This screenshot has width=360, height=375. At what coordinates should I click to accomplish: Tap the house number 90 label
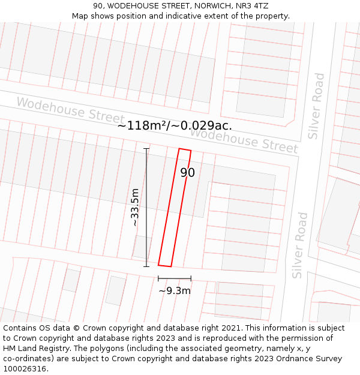[187, 173]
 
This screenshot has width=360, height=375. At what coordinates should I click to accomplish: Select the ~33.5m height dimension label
[135, 207]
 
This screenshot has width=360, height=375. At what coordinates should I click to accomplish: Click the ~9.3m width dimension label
[175, 291]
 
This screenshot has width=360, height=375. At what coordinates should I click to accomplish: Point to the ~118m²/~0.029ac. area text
[175, 125]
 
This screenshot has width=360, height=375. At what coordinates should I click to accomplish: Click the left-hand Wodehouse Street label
[70, 110]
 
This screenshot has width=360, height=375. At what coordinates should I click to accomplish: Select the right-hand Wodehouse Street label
[244, 140]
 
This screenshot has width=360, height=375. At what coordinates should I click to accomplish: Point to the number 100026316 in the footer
[25, 369]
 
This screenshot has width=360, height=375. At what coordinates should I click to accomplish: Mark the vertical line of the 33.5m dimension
[146, 207]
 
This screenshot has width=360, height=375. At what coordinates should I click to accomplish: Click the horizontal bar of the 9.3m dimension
[175, 278]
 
